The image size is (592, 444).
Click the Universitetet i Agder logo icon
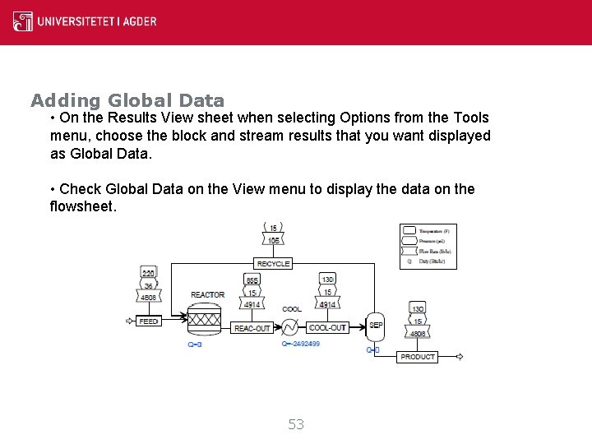pos(23,21)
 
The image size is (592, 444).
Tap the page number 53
pos(296,424)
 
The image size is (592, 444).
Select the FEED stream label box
pos(149,321)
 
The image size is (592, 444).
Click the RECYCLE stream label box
pos(273,264)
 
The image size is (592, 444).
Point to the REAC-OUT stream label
pos(252,328)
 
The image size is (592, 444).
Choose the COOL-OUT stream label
pos(327,327)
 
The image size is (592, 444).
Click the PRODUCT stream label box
pos(418,357)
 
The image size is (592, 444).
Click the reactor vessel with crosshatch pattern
pos(206,319)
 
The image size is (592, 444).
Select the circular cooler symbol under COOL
pos(289,327)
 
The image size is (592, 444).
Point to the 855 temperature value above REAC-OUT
pos(252,280)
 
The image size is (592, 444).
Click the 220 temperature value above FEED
pos(149,273)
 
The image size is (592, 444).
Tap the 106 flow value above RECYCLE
pos(273,240)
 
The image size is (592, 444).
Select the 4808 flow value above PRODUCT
pos(418,334)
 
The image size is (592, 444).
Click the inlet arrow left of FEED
pos(128,321)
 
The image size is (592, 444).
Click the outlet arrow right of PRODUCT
pos(459,357)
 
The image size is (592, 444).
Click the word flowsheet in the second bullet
pos(83,206)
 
